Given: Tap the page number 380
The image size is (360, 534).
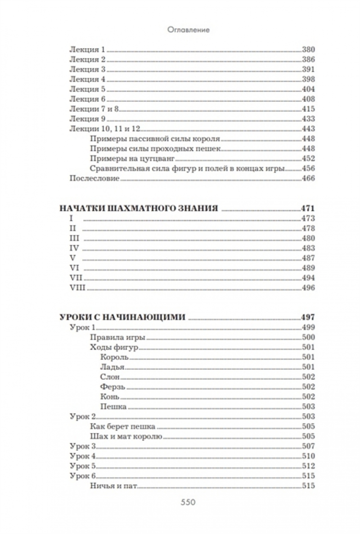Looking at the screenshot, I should [x=308, y=49].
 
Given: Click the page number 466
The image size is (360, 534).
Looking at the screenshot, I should [x=308, y=178].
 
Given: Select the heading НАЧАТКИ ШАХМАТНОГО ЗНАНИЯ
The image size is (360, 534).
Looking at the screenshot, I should [x=139, y=209].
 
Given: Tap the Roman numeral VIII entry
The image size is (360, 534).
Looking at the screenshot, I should [x=77, y=288].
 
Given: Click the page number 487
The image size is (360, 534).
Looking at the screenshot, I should [x=308, y=258].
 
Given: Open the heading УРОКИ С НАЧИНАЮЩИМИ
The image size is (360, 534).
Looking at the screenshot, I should [x=122, y=317].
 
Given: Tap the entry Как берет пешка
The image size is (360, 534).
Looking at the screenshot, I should [x=122, y=426].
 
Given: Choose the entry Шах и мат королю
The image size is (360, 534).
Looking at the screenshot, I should [x=126, y=436].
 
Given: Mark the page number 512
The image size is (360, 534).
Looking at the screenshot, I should [x=308, y=466].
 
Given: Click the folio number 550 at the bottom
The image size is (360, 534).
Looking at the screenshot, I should [x=187, y=503].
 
